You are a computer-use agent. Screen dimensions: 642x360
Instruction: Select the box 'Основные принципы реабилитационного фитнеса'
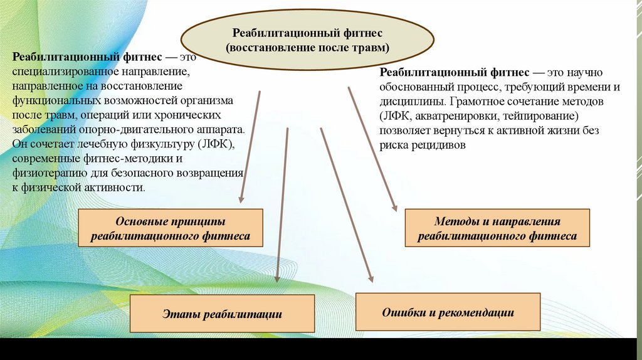pyautogui.click(x=170, y=229)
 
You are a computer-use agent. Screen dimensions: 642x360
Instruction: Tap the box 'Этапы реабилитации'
pyautogui.click(x=222, y=314)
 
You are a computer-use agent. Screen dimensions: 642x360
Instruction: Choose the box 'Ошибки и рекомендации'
pyautogui.click(x=448, y=312)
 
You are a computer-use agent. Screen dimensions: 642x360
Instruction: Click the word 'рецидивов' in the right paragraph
pyautogui.click(x=441, y=145)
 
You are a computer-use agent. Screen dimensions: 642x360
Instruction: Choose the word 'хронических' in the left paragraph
pyautogui.click(x=191, y=116)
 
